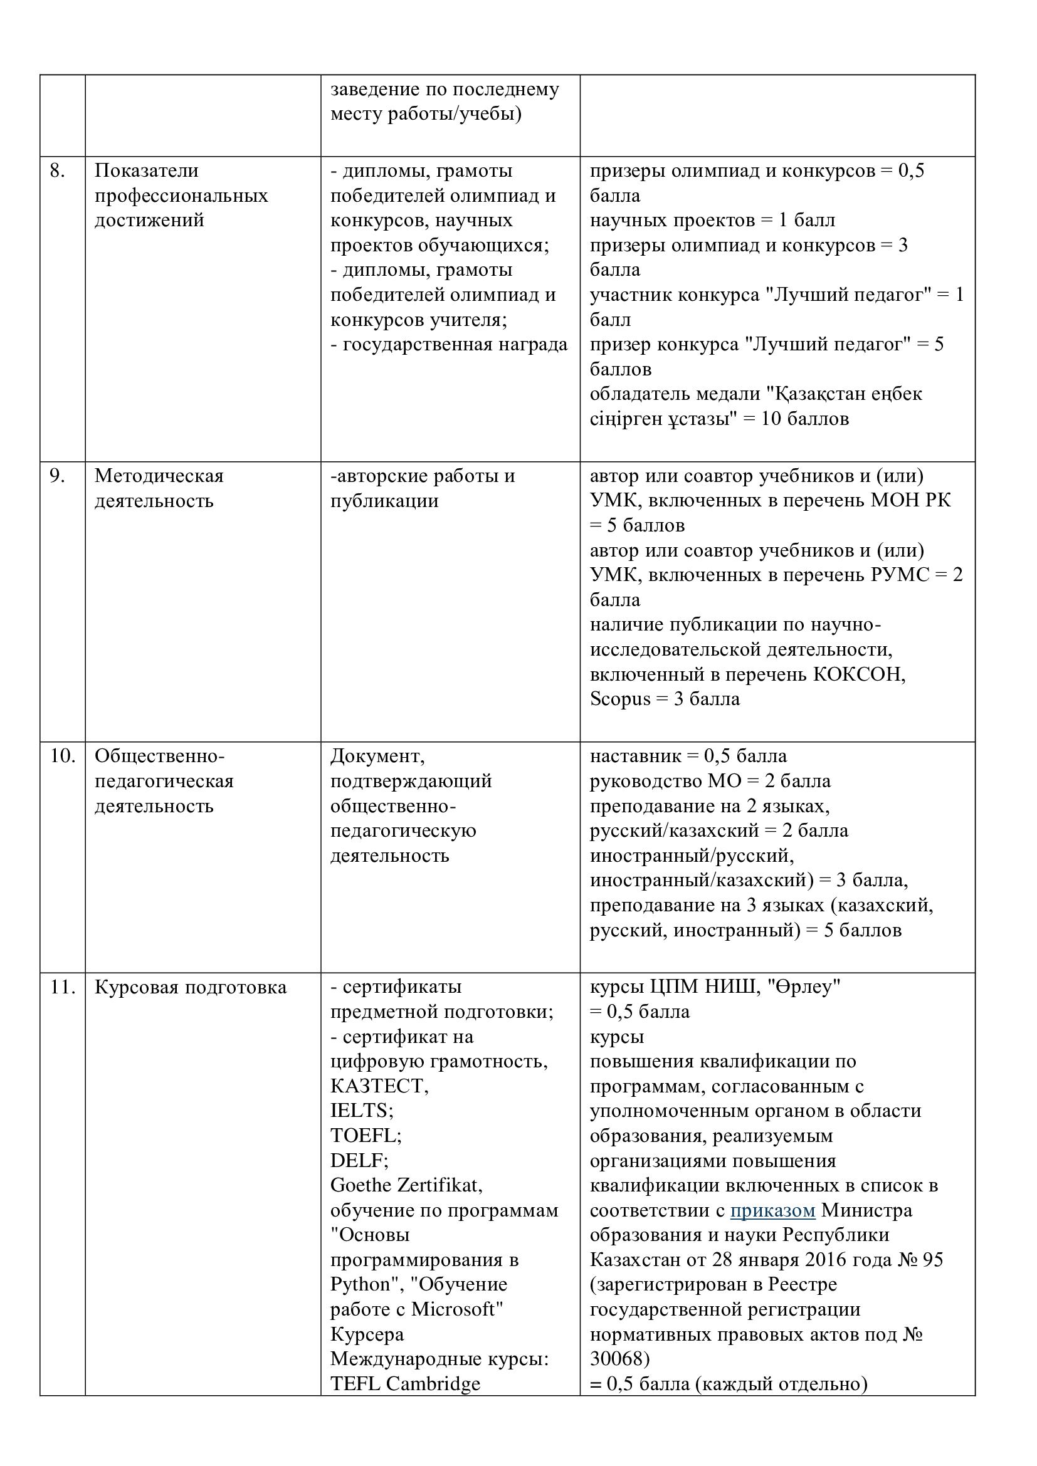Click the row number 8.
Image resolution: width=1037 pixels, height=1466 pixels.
click(x=57, y=171)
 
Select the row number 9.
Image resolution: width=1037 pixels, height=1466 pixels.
click(x=57, y=476)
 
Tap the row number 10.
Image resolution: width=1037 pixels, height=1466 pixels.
click(x=62, y=756)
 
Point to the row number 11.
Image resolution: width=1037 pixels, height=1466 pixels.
click(x=62, y=987)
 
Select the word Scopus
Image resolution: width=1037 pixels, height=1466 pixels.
click(x=620, y=699)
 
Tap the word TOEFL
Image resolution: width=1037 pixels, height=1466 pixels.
click(x=364, y=1135)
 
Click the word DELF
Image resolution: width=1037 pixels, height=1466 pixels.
click(x=357, y=1160)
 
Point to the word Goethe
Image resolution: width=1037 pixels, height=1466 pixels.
click(x=361, y=1185)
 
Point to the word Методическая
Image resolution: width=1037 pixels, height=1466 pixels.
click(x=159, y=476)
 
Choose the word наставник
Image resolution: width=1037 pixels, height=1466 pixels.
click(x=635, y=756)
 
